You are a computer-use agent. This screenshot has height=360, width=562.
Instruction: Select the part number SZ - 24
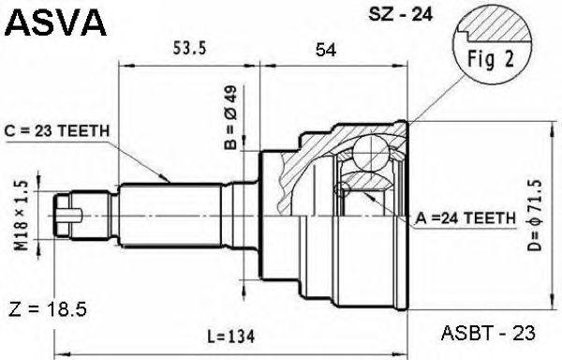(x=401, y=14)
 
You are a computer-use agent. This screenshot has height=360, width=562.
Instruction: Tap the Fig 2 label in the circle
(x=491, y=59)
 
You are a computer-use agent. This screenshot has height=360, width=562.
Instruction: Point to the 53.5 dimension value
(x=189, y=48)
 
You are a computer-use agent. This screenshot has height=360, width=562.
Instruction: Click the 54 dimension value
(x=326, y=50)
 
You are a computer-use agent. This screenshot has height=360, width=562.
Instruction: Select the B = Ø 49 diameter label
(x=230, y=117)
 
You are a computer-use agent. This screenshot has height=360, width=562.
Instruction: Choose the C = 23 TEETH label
(x=56, y=131)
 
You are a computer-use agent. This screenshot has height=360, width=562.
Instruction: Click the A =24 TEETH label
(x=466, y=217)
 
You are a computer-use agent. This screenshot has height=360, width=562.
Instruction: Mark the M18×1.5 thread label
(x=22, y=215)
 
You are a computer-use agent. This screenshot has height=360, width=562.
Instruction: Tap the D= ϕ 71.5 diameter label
(x=534, y=215)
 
